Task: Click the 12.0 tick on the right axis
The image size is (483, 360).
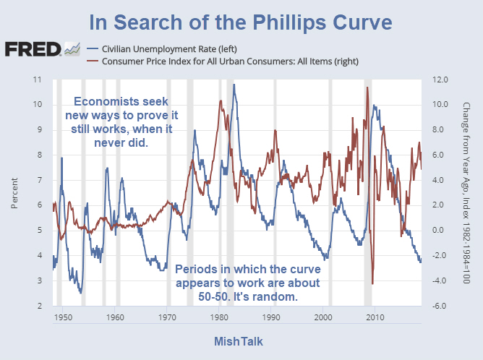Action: click(441, 79)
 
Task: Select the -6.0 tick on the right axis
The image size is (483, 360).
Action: click(441, 307)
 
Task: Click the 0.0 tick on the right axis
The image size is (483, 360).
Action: click(441, 231)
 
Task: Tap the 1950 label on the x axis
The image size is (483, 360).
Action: click(62, 317)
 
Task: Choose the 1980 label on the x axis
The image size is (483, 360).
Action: click(218, 317)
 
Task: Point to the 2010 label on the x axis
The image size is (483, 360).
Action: click(375, 317)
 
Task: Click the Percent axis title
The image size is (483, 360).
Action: click(15, 192)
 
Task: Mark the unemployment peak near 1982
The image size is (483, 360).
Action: click(234, 85)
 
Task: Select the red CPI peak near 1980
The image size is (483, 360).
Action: click(219, 102)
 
